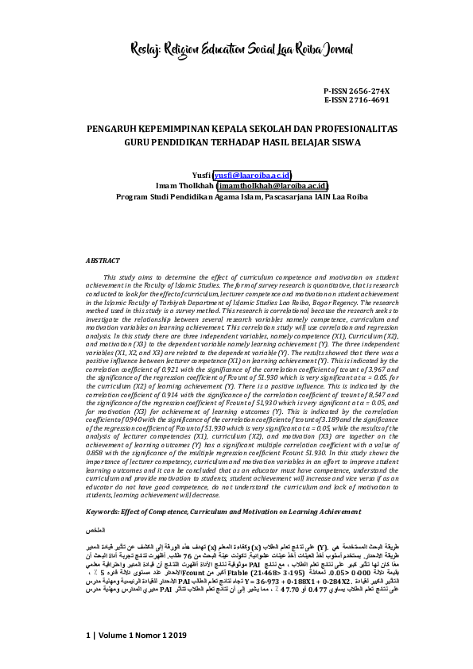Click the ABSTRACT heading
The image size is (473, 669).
[102, 260]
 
